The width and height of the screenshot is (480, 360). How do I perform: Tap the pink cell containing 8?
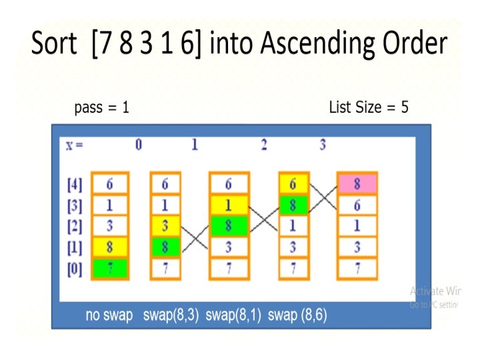[x=357, y=183]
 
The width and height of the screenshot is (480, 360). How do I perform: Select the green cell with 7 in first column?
[x=110, y=269]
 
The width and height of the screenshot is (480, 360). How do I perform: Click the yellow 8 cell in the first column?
[x=110, y=247]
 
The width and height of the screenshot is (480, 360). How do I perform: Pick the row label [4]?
[x=75, y=183]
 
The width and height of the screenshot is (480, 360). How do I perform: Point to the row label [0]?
[x=75, y=269]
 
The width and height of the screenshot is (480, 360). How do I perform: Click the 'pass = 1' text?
[x=101, y=107]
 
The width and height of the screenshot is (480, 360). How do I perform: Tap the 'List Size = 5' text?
[x=368, y=107]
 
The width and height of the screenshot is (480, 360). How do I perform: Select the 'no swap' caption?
[x=109, y=315]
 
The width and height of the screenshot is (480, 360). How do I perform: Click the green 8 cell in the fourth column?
[x=293, y=205]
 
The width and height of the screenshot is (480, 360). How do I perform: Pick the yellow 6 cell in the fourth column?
[x=293, y=183]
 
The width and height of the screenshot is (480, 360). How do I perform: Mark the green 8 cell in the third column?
[x=229, y=226]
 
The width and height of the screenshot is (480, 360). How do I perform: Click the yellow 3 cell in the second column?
[x=165, y=226]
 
